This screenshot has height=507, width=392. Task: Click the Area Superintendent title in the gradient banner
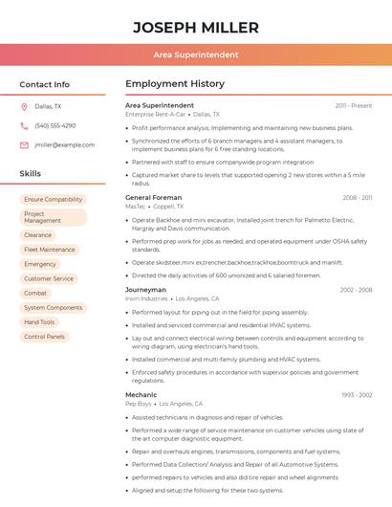point(196,55)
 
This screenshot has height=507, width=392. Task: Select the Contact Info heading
point(44,84)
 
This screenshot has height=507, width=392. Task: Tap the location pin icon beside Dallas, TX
point(24,107)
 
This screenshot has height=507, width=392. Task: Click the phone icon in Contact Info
point(24,125)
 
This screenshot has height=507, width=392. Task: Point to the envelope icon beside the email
point(24,144)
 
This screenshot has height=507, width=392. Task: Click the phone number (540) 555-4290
point(55,125)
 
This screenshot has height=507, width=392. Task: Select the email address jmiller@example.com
point(65,144)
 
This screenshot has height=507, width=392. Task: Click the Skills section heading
point(31,174)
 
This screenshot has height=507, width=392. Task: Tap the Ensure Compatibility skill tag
point(53,200)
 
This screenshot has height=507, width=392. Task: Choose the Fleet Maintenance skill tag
point(50,250)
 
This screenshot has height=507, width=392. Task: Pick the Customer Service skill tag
point(49,278)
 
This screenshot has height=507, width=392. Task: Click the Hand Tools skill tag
point(39,322)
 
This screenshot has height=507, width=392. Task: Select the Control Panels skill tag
point(44,337)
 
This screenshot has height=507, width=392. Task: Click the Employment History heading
point(175,84)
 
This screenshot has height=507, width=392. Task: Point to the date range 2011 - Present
point(354,105)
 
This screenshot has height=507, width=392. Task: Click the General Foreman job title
point(153,197)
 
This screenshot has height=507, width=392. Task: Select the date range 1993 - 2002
point(357,394)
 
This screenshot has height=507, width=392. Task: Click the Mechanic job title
point(141,394)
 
